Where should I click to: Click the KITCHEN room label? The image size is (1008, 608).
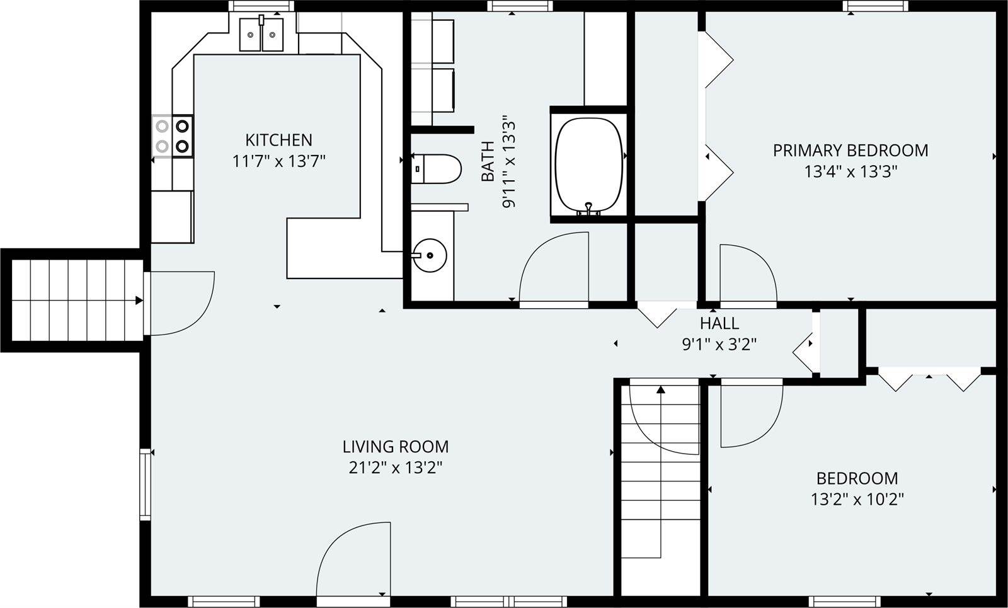click(x=278, y=139)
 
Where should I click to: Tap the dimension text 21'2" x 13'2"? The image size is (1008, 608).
click(x=395, y=467)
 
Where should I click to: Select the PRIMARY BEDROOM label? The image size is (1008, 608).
click(x=850, y=151)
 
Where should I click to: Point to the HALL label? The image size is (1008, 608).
click(x=719, y=323)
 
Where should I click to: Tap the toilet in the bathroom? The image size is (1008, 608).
click(x=437, y=169)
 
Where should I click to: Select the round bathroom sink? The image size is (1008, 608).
click(x=430, y=255)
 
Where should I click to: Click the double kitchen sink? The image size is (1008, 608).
click(x=261, y=34)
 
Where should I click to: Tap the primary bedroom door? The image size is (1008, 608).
click(x=747, y=274)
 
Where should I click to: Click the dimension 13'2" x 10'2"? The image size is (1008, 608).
click(x=857, y=500)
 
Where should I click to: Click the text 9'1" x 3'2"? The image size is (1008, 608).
click(x=719, y=344)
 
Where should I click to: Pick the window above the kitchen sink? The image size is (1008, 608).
click(x=261, y=6)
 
